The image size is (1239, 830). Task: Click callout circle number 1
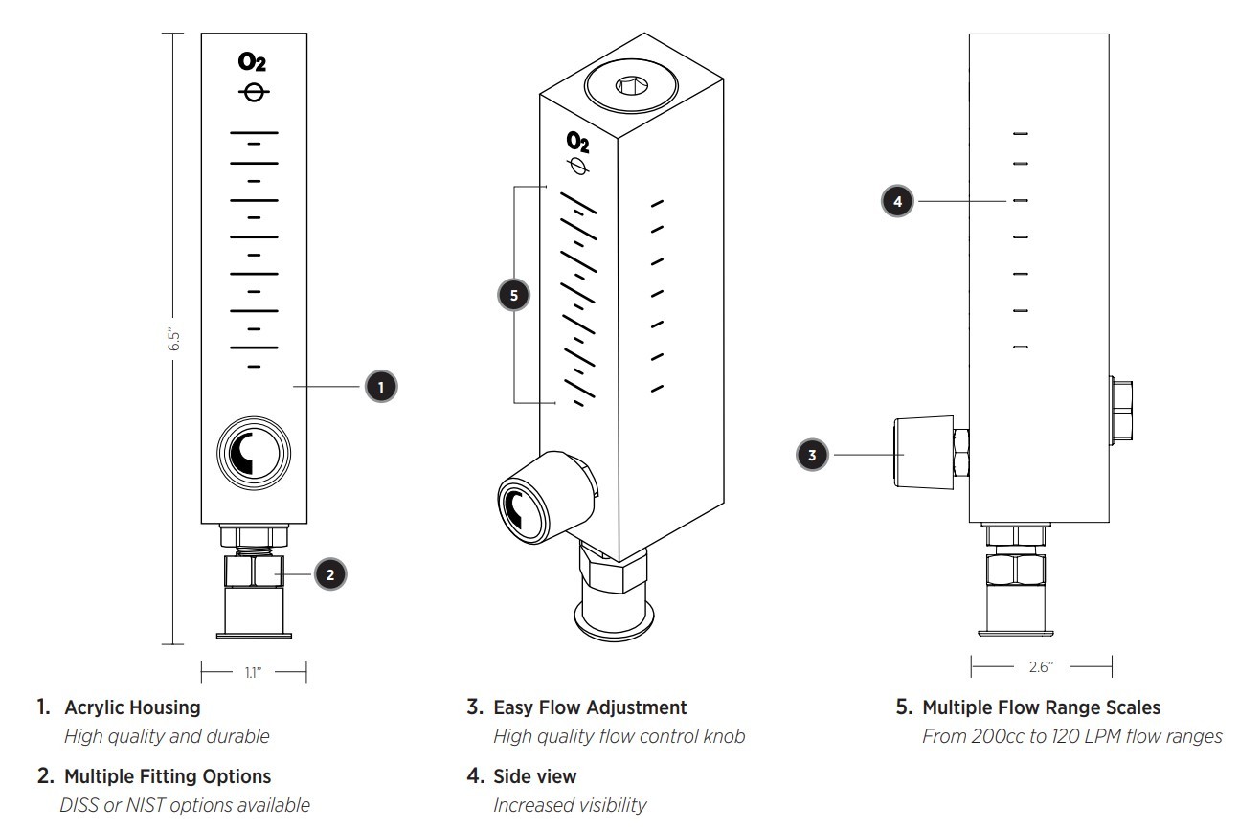pyautogui.click(x=381, y=386)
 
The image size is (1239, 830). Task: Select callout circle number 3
pyautogui.click(x=812, y=455)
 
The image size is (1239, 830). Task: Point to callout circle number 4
pyautogui.click(x=897, y=202)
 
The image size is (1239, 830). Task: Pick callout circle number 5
pyautogui.click(x=514, y=296)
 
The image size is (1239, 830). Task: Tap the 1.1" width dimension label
pyautogui.click(x=253, y=672)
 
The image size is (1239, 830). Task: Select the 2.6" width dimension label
pyautogui.click(x=1040, y=666)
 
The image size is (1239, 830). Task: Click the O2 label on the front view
pyautogui.click(x=253, y=64)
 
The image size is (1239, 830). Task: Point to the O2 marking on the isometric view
pyautogui.click(x=577, y=143)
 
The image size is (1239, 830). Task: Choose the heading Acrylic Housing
pyautogui.click(x=132, y=708)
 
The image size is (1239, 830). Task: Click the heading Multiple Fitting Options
pyautogui.click(x=167, y=776)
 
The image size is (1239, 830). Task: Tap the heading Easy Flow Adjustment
pyautogui.click(x=590, y=708)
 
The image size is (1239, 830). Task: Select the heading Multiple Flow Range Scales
pyautogui.click(x=1041, y=708)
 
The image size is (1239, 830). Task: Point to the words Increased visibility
pyautogui.click(x=569, y=805)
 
